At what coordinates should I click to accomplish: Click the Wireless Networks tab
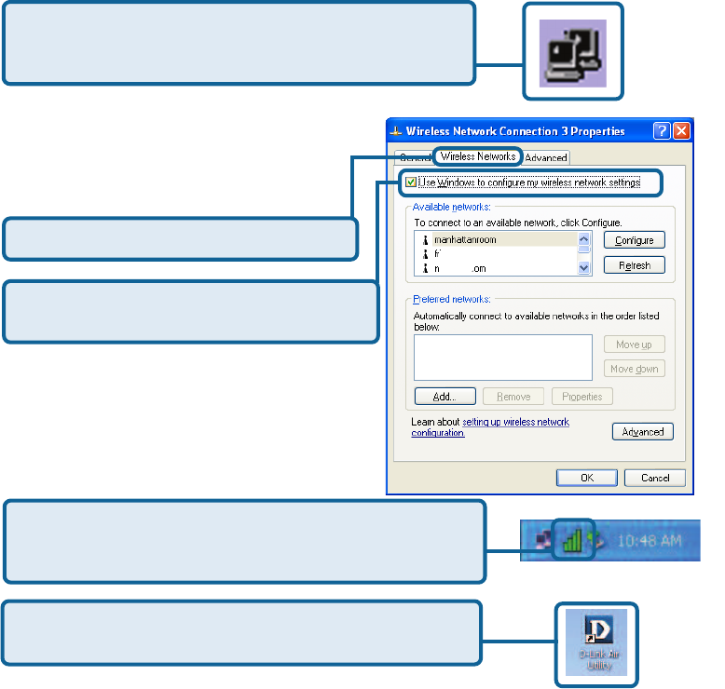pyautogui.click(x=478, y=156)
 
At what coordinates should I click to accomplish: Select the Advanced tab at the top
pyautogui.click(x=545, y=157)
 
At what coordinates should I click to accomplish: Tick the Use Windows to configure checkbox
pyautogui.click(x=411, y=182)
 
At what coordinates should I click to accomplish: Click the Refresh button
pyautogui.click(x=634, y=265)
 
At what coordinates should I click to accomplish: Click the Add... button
pyautogui.click(x=445, y=397)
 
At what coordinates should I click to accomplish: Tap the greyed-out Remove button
pyautogui.click(x=513, y=397)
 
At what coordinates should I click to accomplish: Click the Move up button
pyautogui.click(x=634, y=344)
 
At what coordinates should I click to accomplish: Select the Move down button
pyautogui.click(x=634, y=369)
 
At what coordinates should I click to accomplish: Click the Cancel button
pyautogui.click(x=654, y=478)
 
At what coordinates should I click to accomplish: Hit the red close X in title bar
pyautogui.click(x=683, y=131)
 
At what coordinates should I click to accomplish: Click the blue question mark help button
pyautogui.click(x=662, y=131)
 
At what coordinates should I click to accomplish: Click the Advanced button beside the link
pyautogui.click(x=642, y=432)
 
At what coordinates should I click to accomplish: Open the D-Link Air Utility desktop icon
pyautogui.click(x=596, y=642)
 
